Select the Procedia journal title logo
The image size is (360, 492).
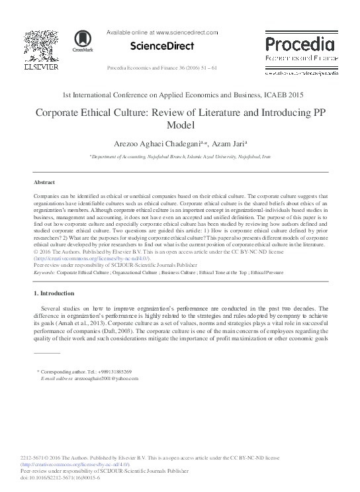point(297,44)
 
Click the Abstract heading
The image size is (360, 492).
point(44,181)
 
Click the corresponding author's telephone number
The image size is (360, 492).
point(116,372)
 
